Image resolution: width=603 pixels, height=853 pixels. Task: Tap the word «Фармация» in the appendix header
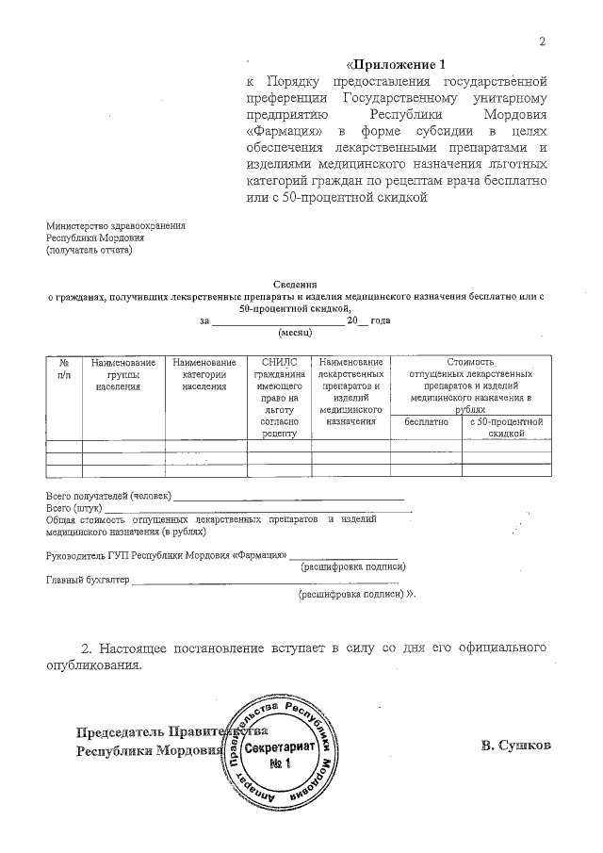tap(276, 131)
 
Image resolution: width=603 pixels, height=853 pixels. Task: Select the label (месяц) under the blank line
tap(295, 333)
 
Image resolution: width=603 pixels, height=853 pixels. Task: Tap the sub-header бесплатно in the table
tap(426, 422)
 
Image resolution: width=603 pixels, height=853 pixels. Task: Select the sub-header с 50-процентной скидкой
tap(504, 428)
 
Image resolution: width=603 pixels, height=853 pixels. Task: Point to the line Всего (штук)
tap(74, 508)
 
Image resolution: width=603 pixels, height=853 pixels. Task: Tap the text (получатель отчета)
tap(90, 250)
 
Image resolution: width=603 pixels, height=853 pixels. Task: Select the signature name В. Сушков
tap(515, 746)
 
